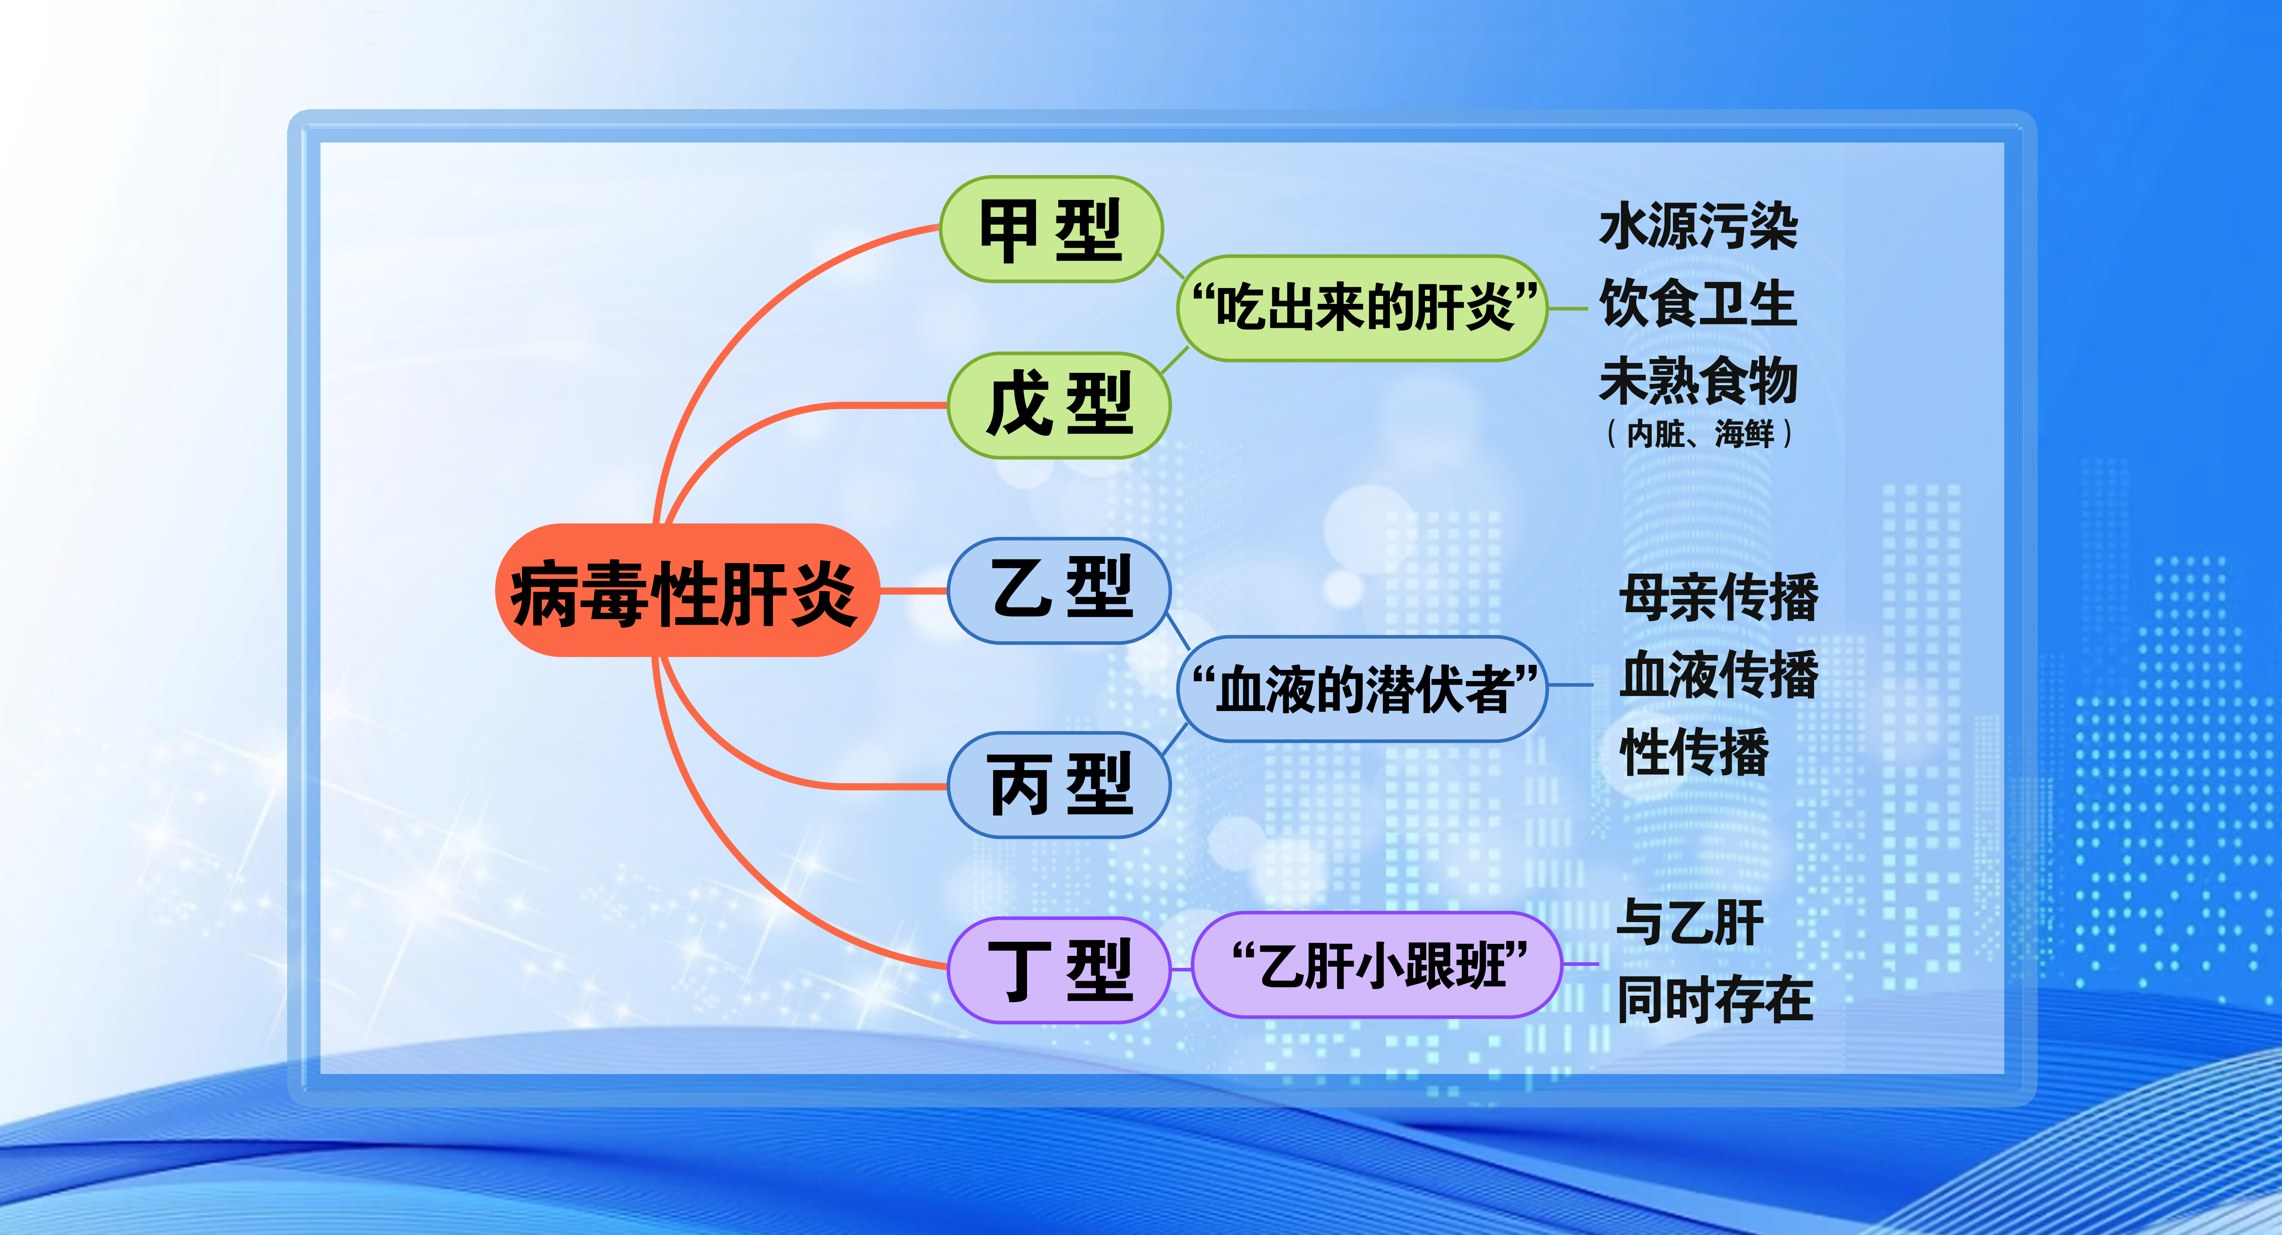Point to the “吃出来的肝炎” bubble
click(1362, 308)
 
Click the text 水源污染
click(1698, 227)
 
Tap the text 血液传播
click(1718, 675)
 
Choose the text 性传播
click(1694, 752)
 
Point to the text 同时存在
click(1715, 999)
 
